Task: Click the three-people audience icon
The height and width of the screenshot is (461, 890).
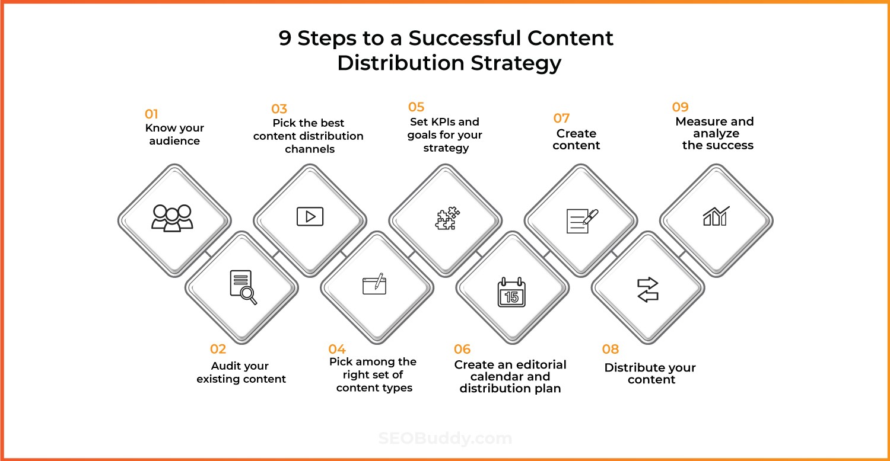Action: click(172, 218)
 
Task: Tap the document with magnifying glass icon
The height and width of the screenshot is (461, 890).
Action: click(243, 287)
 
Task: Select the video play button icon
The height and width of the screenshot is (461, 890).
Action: click(310, 216)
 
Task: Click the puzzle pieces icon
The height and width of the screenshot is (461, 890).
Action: click(447, 218)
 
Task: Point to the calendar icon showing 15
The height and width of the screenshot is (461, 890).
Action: click(511, 292)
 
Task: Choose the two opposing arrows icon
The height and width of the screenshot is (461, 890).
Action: click(648, 289)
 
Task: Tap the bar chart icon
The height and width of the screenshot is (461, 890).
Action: click(716, 216)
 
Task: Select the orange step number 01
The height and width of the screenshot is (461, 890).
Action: click(151, 114)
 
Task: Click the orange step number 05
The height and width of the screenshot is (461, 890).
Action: click(416, 107)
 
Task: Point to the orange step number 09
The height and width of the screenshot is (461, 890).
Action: click(680, 107)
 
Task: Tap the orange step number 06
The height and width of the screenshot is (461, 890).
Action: click(462, 349)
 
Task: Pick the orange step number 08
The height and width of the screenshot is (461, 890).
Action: click(611, 349)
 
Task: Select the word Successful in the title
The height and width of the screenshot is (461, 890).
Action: click(465, 38)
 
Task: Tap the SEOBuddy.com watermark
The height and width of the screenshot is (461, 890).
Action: click(445, 438)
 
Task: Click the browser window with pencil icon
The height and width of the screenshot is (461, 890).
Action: click(374, 284)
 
